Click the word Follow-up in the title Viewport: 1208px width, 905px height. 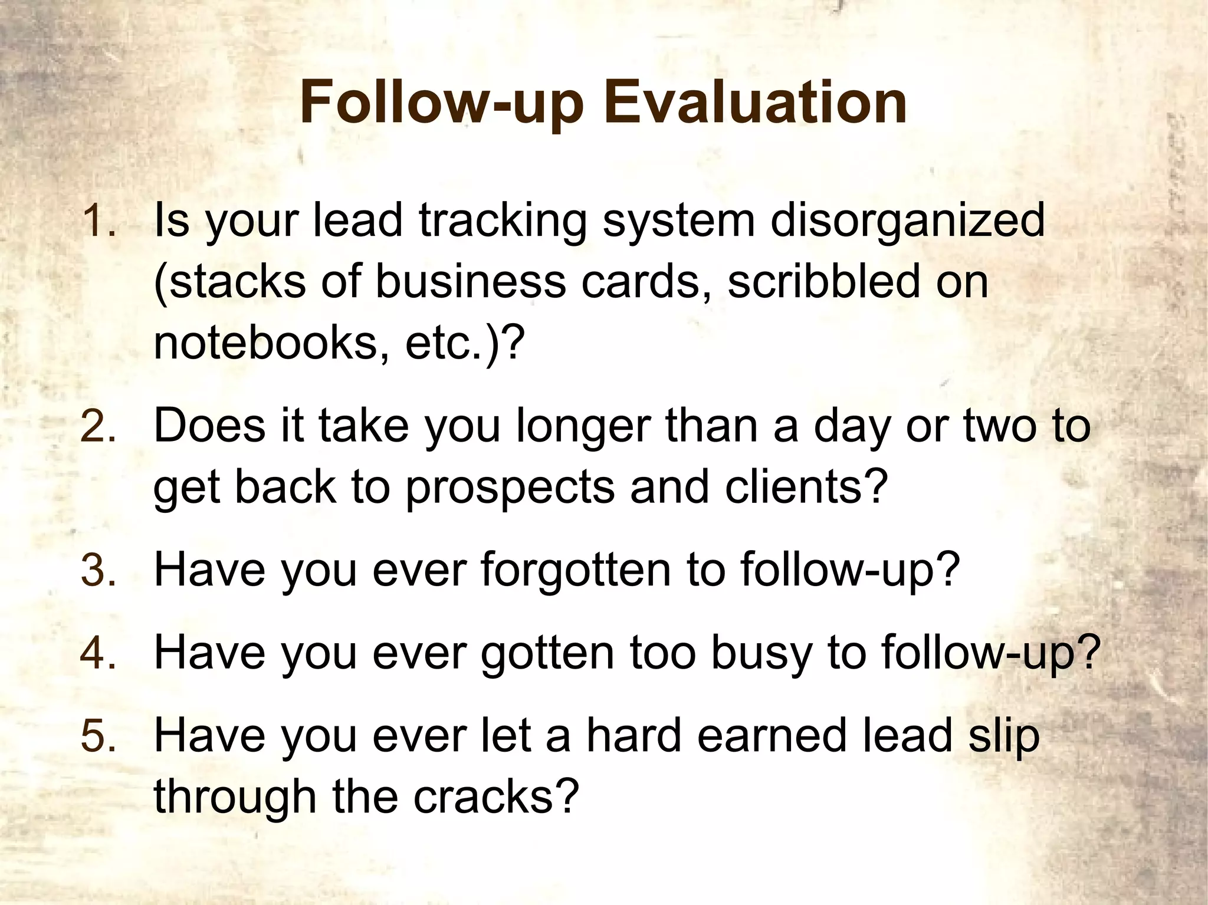[441, 105]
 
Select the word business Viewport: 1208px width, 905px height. [470, 282]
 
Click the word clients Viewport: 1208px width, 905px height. [806, 488]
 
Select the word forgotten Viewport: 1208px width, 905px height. [576, 571]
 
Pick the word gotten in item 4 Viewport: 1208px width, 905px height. [548, 654]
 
